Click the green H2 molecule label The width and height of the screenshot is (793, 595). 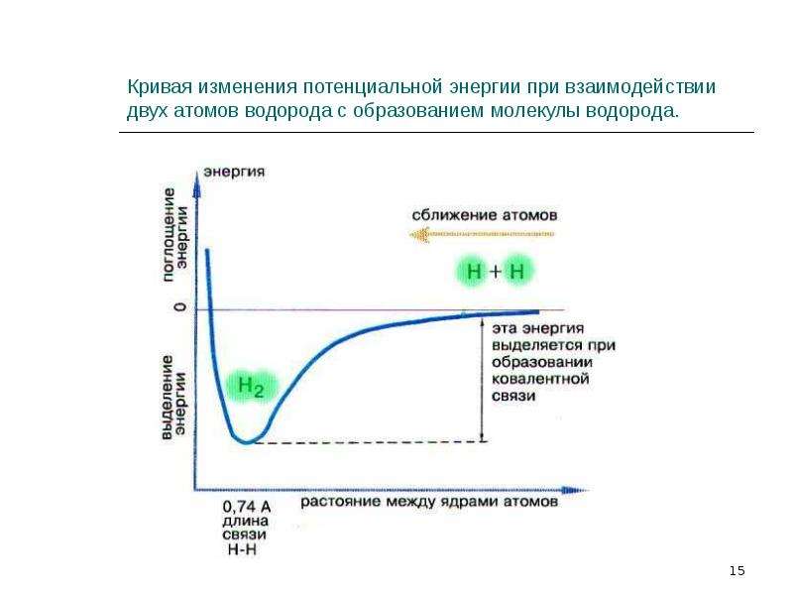pyautogui.click(x=251, y=387)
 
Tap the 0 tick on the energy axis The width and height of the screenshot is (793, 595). pyautogui.click(x=180, y=307)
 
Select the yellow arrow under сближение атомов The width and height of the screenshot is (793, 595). pyautogui.click(x=482, y=234)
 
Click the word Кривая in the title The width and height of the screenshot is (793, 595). pyautogui.click(x=160, y=87)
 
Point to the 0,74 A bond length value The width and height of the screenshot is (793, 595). pyautogui.click(x=247, y=506)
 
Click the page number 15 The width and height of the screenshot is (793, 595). pyautogui.click(x=736, y=571)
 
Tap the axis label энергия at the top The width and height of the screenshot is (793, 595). pyautogui.click(x=234, y=172)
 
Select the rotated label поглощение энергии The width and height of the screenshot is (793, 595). pyautogui.click(x=175, y=235)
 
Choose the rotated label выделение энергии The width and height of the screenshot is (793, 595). pyautogui.click(x=174, y=398)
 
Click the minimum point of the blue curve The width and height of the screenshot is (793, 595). pyautogui.click(x=246, y=441)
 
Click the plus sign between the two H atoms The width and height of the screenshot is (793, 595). pyautogui.click(x=495, y=272)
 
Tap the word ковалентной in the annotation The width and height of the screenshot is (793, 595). pyautogui.click(x=540, y=379)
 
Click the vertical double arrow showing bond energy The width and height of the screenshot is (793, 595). pyautogui.click(x=482, y=380)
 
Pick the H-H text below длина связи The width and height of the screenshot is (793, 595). pyautogui.click(x=242, y=549)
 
